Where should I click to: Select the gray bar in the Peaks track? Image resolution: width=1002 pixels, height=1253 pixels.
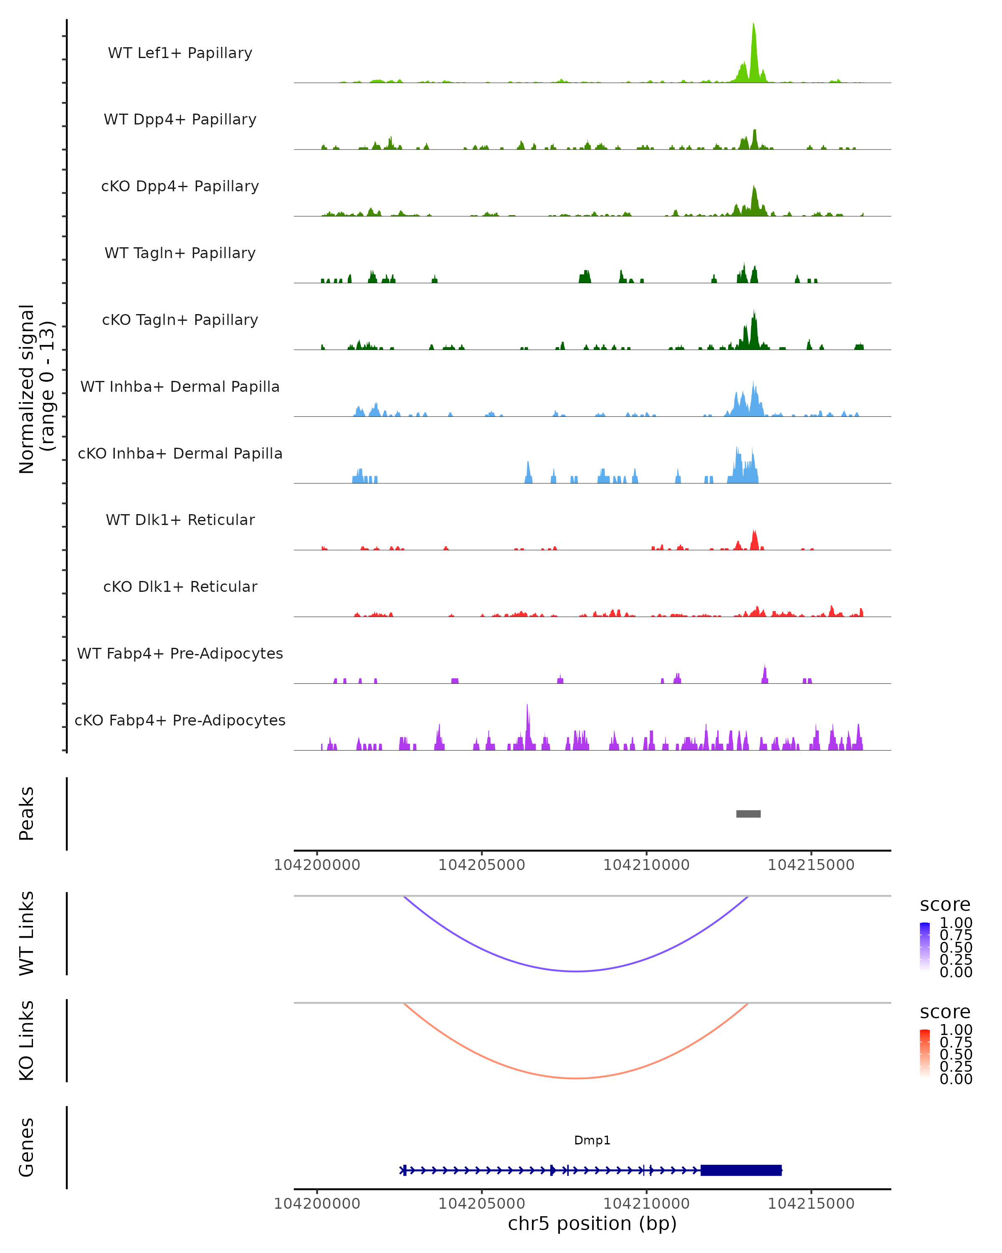[x=748, y=814]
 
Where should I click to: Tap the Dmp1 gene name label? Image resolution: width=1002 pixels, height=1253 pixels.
[x=592, y=1140]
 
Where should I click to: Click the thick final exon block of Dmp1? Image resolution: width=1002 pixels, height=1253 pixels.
[x=741, y=1170]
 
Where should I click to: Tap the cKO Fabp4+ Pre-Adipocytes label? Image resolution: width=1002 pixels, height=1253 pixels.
[x=180, y=720]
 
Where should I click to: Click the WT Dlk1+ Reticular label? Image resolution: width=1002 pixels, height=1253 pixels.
[x=180, y=520]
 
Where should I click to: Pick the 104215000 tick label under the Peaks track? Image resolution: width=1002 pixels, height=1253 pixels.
[x=811, y=865]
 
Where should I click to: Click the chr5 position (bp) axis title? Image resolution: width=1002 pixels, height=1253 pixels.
[x=592, y=1224]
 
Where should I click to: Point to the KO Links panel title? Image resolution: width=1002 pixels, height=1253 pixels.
[x=27, y=1040]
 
